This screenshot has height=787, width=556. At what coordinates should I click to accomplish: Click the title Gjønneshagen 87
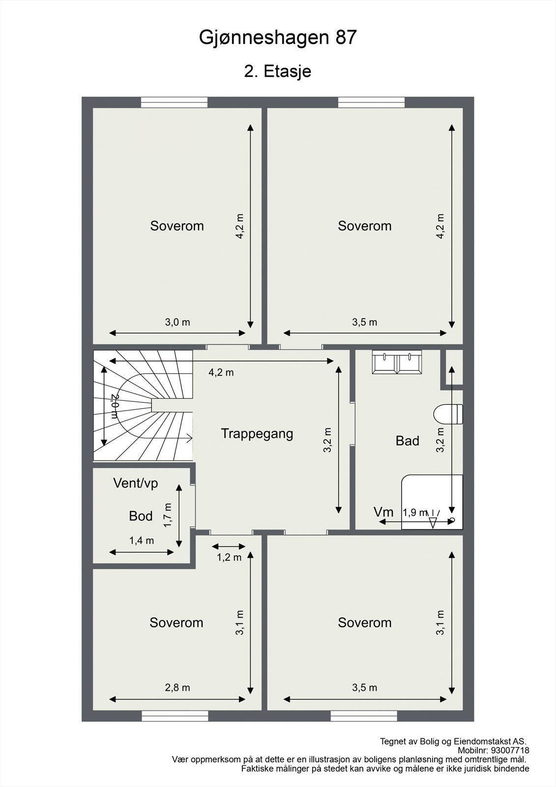click(x=278, y=38)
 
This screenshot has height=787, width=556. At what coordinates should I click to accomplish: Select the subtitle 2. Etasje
click(x=278, y=71)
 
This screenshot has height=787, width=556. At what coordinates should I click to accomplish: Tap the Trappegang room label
click(x=257, y=434)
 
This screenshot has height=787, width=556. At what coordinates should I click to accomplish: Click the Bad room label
click(x=407, y=441)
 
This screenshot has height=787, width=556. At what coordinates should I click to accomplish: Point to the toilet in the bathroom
click(x=448, y=414)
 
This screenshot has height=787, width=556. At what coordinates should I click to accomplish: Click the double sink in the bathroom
click(x=397, y=362)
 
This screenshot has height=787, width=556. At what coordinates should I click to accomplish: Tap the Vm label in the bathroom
click(x=383, y=512)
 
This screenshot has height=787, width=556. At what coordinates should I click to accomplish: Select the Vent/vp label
click(x=136, y=483)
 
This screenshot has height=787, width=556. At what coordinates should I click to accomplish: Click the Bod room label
click(x=141, y=516)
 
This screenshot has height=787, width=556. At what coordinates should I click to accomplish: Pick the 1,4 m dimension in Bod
click(x=142, y=541)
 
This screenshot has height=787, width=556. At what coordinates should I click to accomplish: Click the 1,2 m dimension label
click(x=229, y=557)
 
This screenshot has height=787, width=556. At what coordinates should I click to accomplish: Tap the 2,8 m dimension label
click(x=177, y=688)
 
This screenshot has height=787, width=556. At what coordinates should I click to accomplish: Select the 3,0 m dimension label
click(x=177, y=323)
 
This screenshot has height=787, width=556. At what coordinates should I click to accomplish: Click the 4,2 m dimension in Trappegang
click(x=221, y=372)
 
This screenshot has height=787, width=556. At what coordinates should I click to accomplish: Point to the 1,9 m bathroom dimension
click(x=415, y=512)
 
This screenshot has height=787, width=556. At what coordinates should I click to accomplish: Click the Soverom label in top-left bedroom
click(x=177, y=226)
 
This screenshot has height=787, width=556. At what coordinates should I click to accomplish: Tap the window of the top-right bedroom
click(x=371, y=102)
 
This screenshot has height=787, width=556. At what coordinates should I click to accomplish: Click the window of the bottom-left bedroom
click(x=175, y=716)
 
